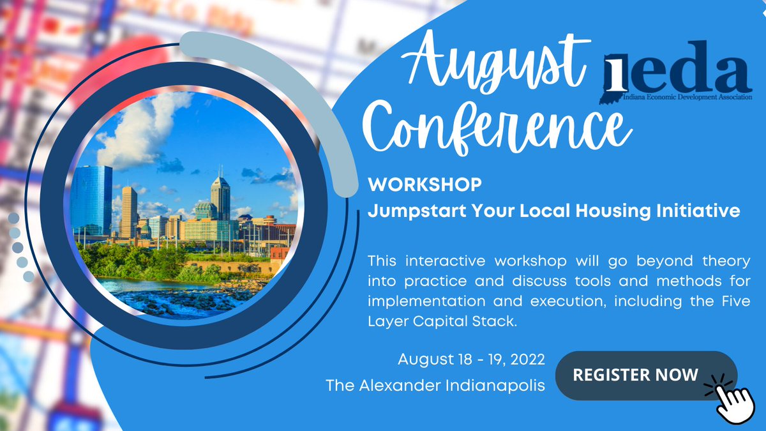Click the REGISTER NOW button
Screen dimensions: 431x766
click(x=635, y=375)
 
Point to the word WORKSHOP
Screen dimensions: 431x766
click(x=424, y=186)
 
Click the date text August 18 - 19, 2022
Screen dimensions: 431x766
click(x=472, y=359)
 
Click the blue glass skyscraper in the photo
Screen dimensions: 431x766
click(x=91, y=198)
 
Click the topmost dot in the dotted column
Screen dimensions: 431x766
click(x=14, y=218)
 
